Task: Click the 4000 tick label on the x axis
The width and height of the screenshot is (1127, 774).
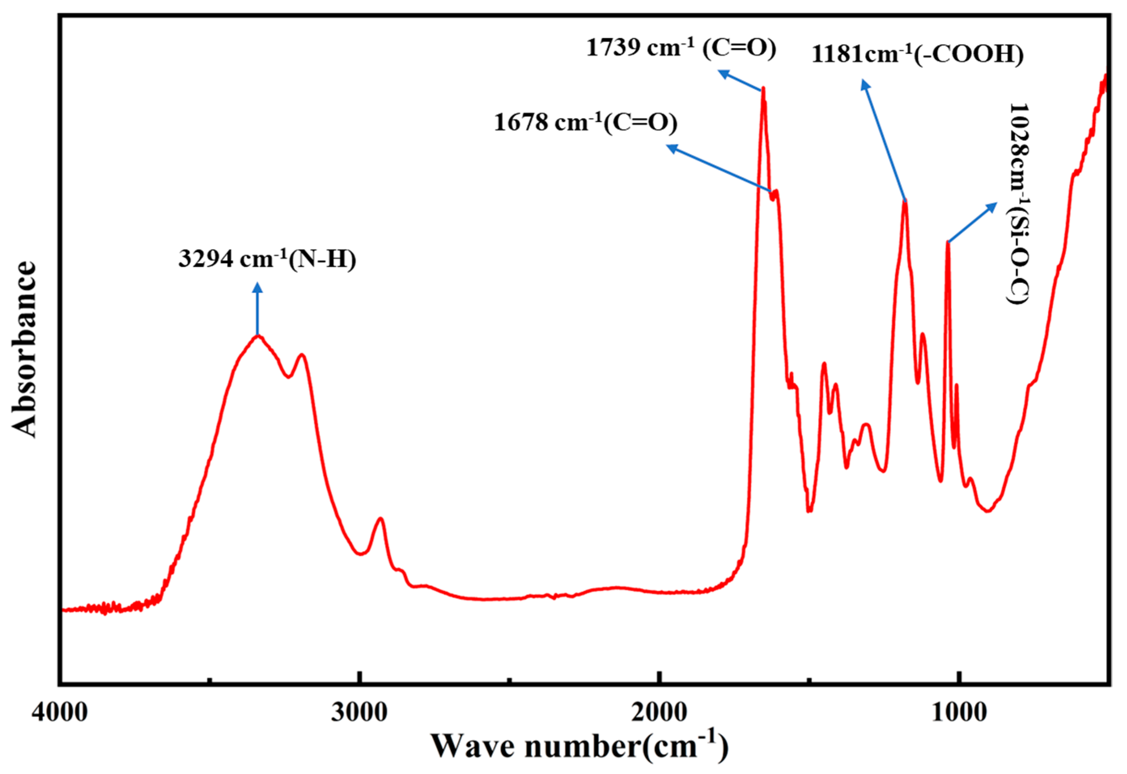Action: [60, 712]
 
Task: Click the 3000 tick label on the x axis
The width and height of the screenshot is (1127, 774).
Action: [359, 712]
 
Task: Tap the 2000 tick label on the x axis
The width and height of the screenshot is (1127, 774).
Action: [659, 712]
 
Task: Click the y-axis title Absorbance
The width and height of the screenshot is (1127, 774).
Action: [24, 349]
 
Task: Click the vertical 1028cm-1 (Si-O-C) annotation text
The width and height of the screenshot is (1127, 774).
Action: [1018, 204]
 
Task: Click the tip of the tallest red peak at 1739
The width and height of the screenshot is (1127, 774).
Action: [763, 89]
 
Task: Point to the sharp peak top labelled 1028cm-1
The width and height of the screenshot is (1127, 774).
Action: [948, 242]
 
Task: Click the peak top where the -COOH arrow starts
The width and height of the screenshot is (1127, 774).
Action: [905, 201]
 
